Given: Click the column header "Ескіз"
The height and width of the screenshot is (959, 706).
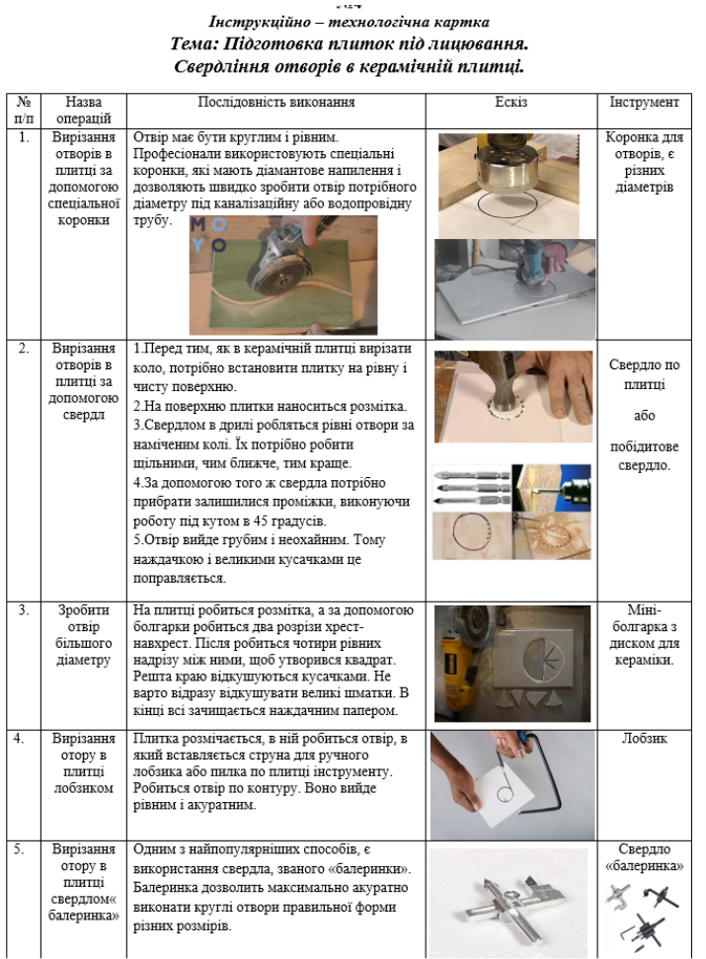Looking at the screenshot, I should [511, 102].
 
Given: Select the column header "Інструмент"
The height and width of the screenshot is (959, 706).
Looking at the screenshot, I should [644, 102].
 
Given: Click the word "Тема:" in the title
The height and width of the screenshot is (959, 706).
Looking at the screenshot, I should [203, 45].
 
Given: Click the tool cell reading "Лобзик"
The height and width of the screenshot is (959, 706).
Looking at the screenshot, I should [644, 738].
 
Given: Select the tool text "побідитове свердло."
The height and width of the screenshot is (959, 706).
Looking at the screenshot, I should [644, 455].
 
